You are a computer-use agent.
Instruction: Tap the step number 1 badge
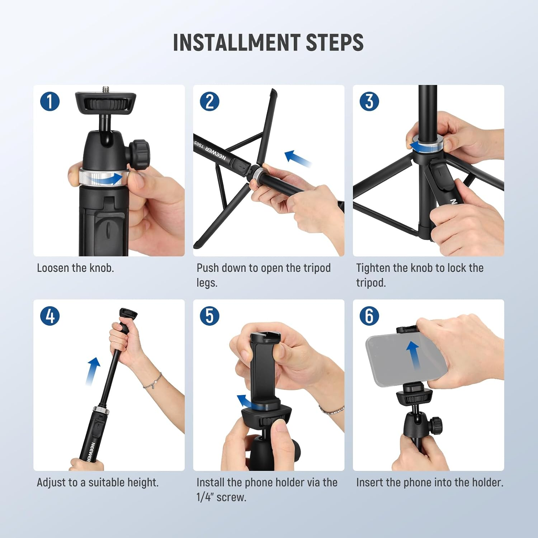click(x=50, y=101)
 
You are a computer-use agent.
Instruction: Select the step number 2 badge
click(x=209, y=101)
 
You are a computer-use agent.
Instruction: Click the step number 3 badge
click(x=369, y=101)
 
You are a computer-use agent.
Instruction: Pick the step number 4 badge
click(x=50, y=316)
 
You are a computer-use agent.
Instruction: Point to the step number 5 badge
click(x=209, y=316)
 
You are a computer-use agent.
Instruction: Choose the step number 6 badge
click(x=369, y=316)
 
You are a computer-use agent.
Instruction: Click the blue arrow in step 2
click(x=298, y=159)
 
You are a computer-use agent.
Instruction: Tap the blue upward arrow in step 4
click(x=93, y=371)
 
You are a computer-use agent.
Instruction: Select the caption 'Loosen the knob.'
click(x=75, y=268)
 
